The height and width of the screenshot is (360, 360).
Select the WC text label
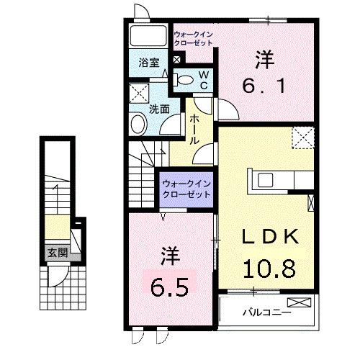(204, 79)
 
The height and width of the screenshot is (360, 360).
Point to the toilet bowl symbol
(185, 80)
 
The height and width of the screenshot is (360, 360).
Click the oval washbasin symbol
(138, 125)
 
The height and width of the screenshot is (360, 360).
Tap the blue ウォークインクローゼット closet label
(186, 189)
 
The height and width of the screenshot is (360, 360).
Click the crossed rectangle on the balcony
(297, 303)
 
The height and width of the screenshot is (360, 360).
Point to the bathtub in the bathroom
(148, 37)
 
